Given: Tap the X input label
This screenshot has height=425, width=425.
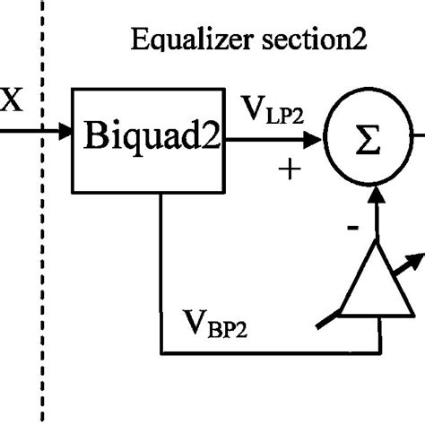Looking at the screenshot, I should pos(12,99).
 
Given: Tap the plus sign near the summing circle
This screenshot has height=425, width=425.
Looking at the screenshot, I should pos(289,169).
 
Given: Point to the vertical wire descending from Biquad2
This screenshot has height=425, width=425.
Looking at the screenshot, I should pos(160,269).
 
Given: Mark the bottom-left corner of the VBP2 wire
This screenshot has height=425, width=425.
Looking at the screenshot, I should pos(160,350).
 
